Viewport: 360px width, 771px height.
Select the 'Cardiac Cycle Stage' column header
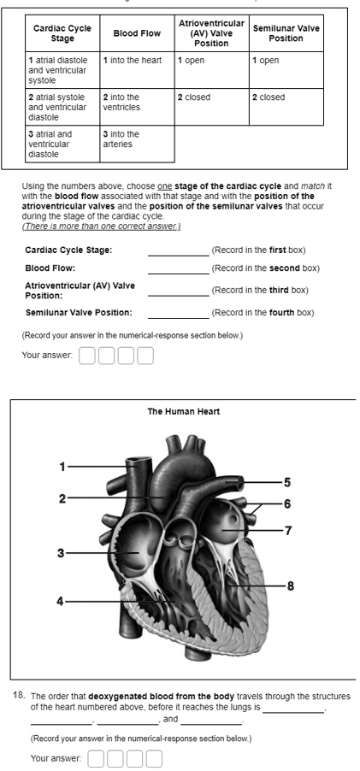tap(62, 33)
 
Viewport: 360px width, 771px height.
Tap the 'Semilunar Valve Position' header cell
tap(285, 33)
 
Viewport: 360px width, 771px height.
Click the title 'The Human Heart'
tap(183, 411)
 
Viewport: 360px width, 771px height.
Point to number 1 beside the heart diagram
tap(62, 467)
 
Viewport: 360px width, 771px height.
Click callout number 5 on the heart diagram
tap(287, 481)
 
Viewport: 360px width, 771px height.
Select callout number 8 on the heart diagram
tap(291, 586)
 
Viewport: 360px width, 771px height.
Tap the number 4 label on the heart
tap(60, 600)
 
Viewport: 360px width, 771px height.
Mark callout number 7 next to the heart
tap(288, 531)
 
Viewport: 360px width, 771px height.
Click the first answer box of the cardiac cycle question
tap(86, 355)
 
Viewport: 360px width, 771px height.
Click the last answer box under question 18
tap(153, 757)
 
